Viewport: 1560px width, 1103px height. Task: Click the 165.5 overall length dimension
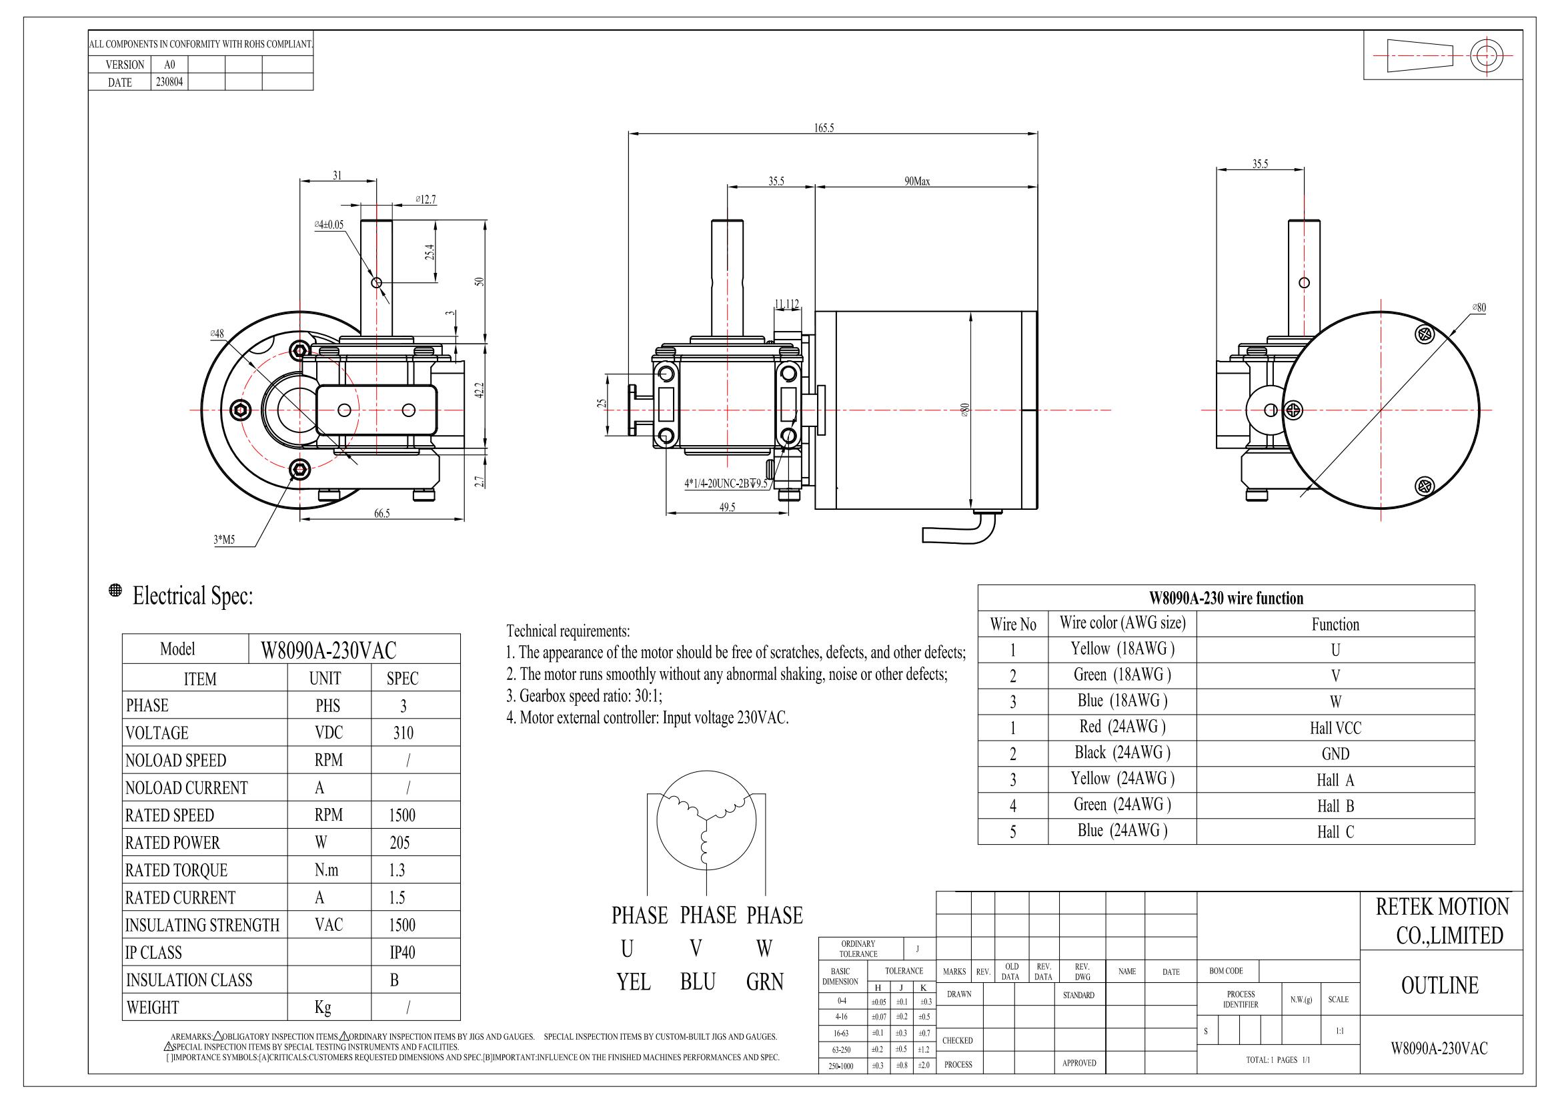[x=824, y=127]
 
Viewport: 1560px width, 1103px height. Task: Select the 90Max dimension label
[x=916, y=181]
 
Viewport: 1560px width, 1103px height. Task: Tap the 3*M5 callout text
[x=224, y=540]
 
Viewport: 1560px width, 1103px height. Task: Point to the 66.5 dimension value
[x=382, y=514]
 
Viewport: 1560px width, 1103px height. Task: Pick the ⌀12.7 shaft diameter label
[x=426, y=200]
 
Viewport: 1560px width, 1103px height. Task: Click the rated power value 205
[x=400, y=843]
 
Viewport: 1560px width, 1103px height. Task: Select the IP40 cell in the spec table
[x=402, y=952]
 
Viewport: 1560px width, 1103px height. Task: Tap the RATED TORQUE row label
[x=176, y=870]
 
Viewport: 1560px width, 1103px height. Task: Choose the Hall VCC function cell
[x=1335, y=728]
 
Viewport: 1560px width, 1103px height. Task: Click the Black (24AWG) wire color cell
[x=1122, y=753]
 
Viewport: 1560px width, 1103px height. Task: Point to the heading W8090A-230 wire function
[x=1226, y=598]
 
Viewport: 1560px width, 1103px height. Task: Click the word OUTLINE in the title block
[x=1439, y=986]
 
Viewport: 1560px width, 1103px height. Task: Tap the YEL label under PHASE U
[x=633, y=982]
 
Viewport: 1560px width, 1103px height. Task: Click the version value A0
[x=169, y=65]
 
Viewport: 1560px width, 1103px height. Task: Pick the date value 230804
[x=169, y=82]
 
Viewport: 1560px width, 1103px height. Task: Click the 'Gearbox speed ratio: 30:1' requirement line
[x=584, y=696]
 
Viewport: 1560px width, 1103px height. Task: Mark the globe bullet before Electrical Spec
[x=115, y=590]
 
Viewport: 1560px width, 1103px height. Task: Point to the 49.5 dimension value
[x=727, y=507]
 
